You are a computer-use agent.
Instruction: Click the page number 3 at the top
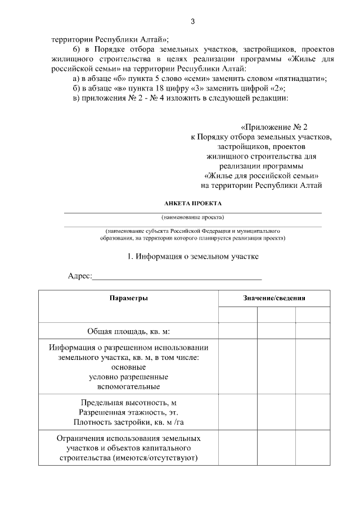click(x=192, y=22)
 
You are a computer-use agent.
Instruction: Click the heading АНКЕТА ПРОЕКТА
click(x=193, y=204)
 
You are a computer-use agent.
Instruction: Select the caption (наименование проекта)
click(x=193, y=217)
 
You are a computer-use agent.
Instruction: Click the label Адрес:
click(x=79, y=276)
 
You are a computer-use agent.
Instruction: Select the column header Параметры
click(x=129, y=298)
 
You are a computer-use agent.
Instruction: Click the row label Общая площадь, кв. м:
click(x=128, y=331)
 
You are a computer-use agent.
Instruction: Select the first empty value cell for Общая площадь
click(x=238, y=331)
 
